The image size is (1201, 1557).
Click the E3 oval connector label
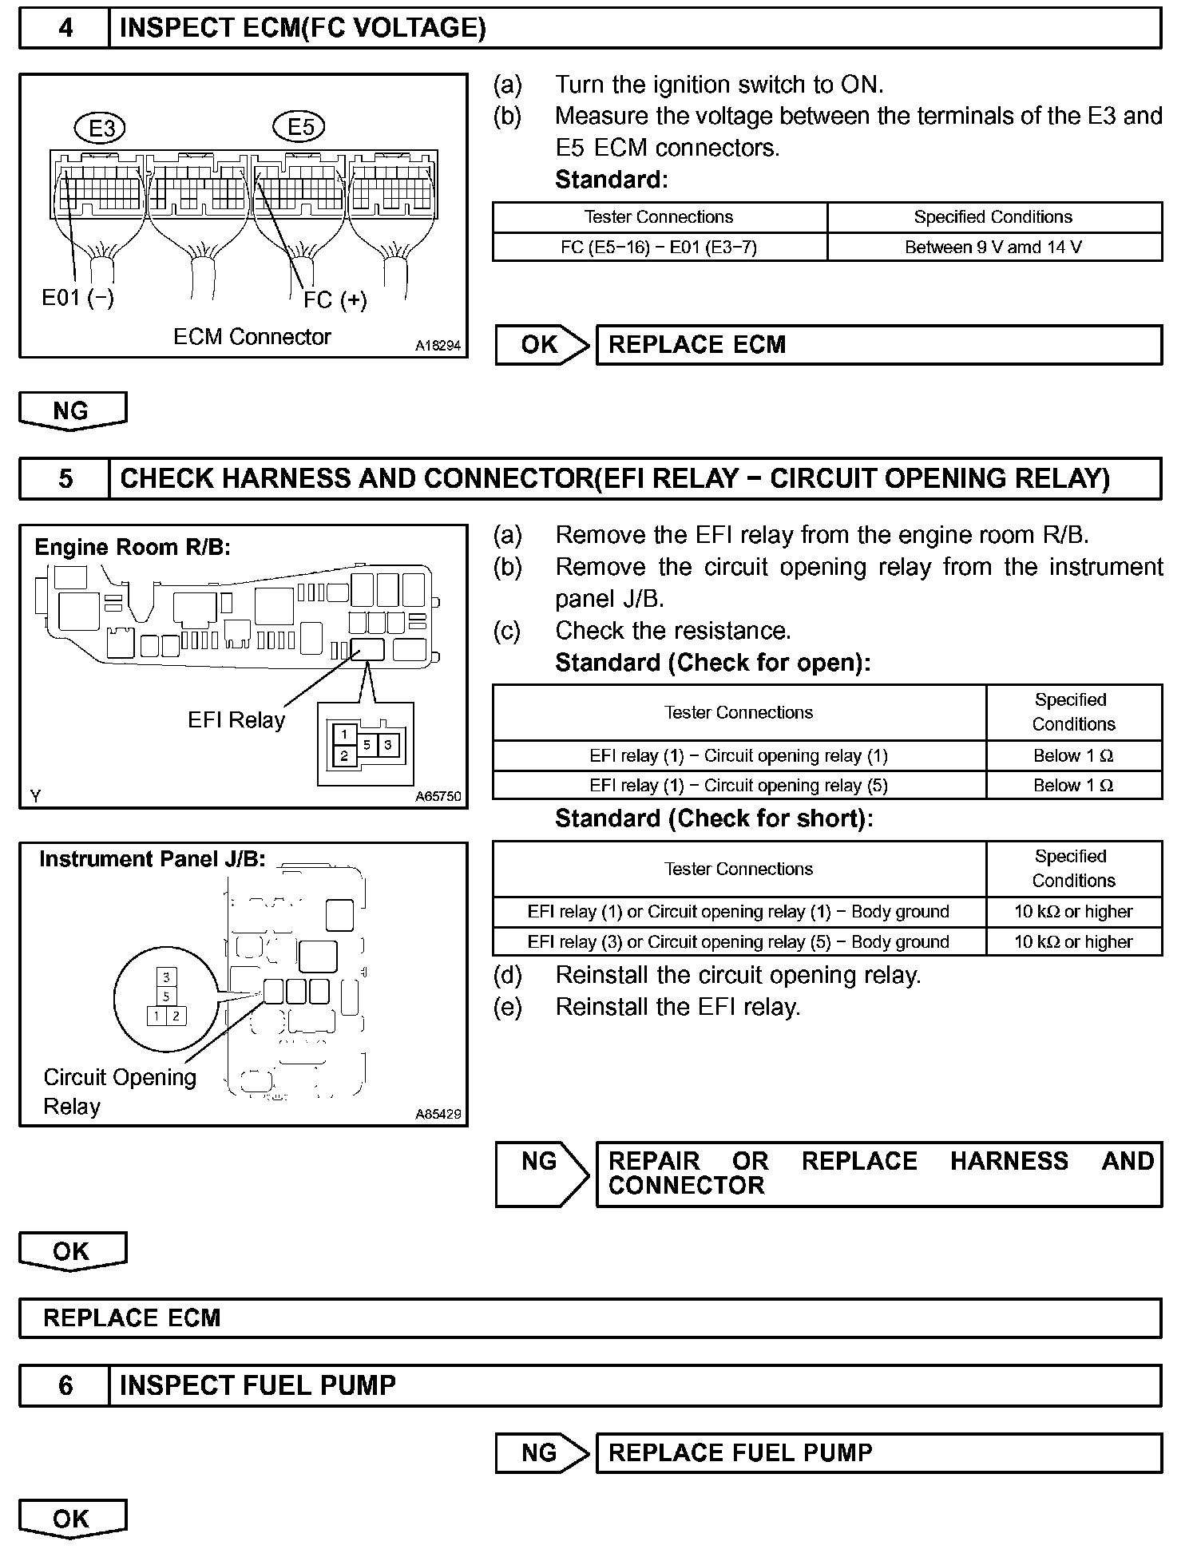coord(101,128)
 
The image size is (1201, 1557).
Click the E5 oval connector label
coord(299,126)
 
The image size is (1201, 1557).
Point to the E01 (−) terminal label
coord(78,298)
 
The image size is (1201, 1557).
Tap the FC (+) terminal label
coord(335,300)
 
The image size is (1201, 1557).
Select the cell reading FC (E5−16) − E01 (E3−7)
coord(659,248)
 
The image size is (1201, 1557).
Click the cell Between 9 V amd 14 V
coord(993,248)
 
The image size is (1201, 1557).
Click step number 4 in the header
coord(65,29)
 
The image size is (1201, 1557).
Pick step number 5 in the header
coord(65,478)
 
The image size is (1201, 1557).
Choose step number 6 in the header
coord(65,1385)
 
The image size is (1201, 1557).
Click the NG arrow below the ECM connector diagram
coord(72,411)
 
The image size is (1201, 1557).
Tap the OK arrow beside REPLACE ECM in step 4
coord(541,345)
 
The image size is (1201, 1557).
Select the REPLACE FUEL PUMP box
coord(878,1452)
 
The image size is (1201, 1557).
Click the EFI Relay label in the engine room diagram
coord(236,720)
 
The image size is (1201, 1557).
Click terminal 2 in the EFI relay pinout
coord(344,755)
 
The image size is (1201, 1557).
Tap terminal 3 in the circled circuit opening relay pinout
coord(166,977)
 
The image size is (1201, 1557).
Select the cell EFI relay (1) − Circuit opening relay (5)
coord(739,786)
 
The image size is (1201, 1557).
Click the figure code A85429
coord(438,1114)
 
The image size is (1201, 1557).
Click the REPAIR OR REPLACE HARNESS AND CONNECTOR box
coord(878,1173)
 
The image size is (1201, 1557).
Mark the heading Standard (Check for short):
coord(714,818)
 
